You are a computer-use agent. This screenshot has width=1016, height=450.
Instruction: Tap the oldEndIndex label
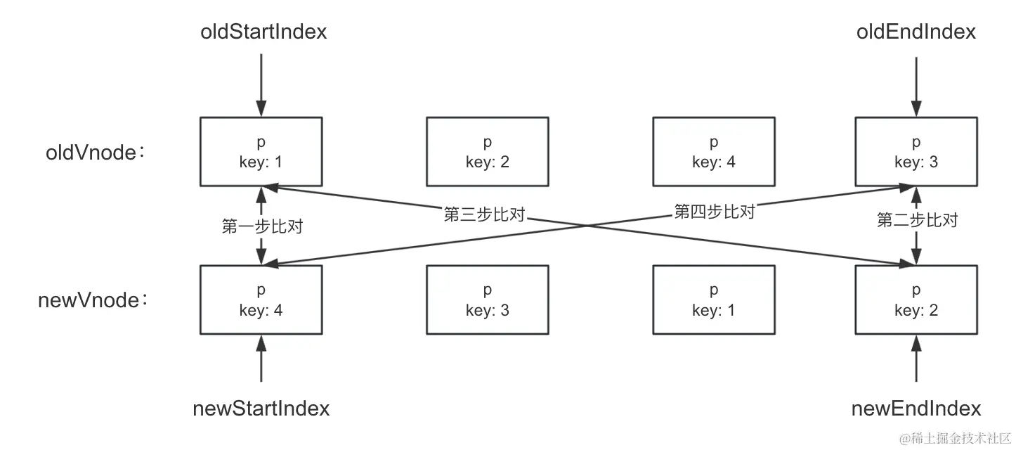(916, 32)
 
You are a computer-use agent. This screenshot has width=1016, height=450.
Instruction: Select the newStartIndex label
(261, 409)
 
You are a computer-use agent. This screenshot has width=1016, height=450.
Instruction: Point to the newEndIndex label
(916, 409)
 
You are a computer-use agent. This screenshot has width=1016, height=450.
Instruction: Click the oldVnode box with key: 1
(261, 152)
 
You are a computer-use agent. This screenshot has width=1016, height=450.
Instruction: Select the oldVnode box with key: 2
(487, 152)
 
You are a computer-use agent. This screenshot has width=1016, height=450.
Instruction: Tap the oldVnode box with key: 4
(713, 152)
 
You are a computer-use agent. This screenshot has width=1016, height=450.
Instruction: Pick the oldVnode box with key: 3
(916, 152)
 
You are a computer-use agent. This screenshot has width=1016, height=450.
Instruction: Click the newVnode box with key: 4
(261, 300)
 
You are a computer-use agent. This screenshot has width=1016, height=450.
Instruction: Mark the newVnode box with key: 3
(487, 300)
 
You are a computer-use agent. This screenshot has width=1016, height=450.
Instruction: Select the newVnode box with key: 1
(713, 300)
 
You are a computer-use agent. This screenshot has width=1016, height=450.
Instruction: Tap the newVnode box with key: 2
(916, 300)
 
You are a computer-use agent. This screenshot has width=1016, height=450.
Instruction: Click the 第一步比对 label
(261, 226)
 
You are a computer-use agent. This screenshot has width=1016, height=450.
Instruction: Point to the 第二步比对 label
(917, 220)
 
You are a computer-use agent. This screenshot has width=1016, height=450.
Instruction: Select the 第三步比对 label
(485, 214)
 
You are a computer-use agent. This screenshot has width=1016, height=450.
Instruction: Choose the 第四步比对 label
(714, 212)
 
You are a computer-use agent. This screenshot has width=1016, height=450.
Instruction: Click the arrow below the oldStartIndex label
(261, 84)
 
